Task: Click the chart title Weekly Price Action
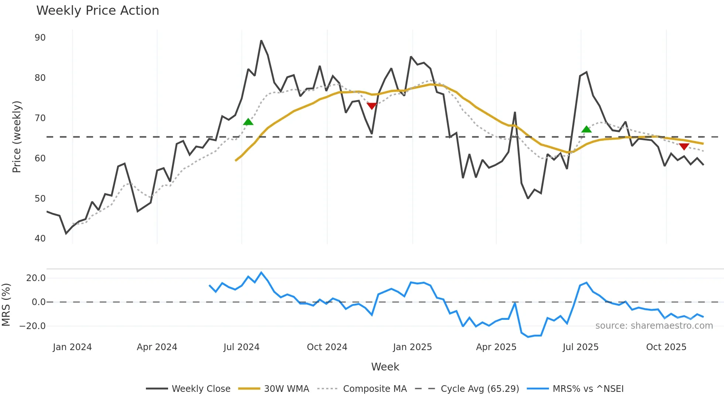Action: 98,11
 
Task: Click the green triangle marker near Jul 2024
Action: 248,122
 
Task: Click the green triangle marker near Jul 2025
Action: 586,129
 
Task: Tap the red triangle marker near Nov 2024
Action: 372,106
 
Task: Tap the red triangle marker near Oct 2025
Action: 684,147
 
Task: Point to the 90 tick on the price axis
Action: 40,38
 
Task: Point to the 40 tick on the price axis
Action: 40,239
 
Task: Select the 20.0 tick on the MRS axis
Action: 36,278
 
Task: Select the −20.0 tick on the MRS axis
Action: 33,326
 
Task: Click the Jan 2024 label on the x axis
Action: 72,347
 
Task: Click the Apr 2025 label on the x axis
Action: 496,347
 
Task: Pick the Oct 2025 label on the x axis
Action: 666,347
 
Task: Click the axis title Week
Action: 385,367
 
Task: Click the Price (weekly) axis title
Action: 17,137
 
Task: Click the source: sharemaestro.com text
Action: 654,326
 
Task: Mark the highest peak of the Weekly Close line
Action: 261,41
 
